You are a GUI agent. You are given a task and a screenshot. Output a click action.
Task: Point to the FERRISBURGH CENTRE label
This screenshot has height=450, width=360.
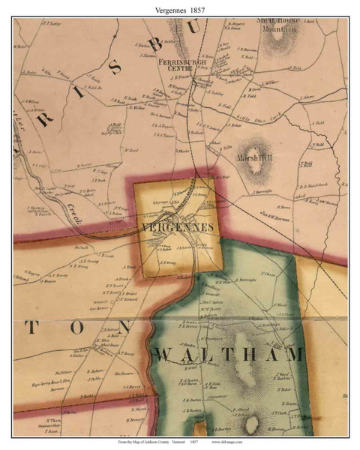click(180, 64)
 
